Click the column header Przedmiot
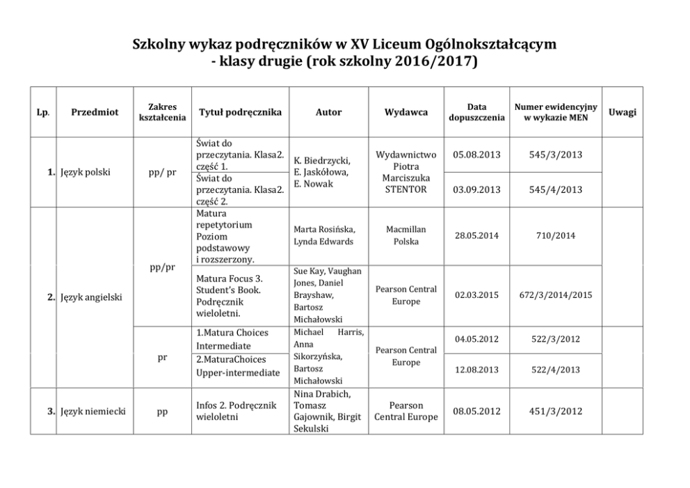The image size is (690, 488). [95, 112]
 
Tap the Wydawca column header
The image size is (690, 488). [406, 112]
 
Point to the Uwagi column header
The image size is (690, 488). [622, 112]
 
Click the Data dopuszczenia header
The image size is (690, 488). [476, 112]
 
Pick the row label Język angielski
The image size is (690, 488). [91, 297]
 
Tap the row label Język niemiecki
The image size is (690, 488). [93, 411]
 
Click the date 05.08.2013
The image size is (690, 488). [476, 154]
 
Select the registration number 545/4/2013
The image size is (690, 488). [555, 189]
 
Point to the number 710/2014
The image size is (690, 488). [555, 236]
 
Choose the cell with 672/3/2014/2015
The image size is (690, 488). [555, 295]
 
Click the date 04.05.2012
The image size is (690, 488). [476, 339]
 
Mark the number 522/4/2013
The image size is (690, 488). [555, 370]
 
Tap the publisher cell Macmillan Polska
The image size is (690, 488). [406, 235]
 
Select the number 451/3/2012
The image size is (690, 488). [555, 411]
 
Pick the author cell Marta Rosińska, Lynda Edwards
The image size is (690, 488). [325, 235]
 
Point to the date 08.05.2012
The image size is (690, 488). [476, 411]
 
